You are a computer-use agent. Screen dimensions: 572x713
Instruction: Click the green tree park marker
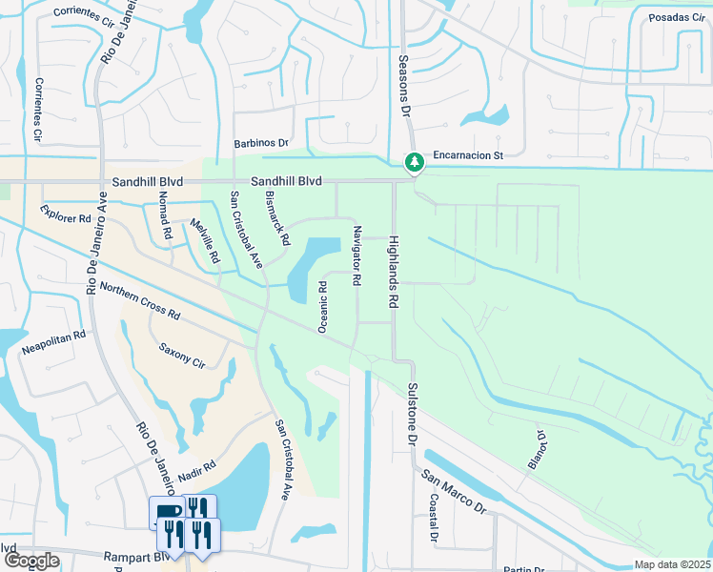[x=414, y=163]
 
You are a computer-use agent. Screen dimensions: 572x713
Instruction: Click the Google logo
[x=31, y=561]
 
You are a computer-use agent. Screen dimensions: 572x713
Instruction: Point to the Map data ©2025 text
[x=672, y=564]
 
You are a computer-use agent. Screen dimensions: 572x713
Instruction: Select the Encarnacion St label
[x=466, y=153]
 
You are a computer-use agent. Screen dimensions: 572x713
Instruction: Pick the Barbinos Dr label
[x=261, y=143]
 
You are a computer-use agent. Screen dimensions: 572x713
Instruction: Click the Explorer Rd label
[x=66, y=217]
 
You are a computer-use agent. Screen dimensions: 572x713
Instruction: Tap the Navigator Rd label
[x=356, y=256]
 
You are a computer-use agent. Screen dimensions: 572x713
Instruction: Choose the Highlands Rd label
[x=391, y=273]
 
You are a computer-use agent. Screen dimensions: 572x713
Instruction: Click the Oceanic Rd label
[x=323, y=305]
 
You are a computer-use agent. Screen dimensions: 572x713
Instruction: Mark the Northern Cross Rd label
[x=139, y=301]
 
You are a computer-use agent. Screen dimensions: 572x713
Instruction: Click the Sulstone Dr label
[x=412, y=415]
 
